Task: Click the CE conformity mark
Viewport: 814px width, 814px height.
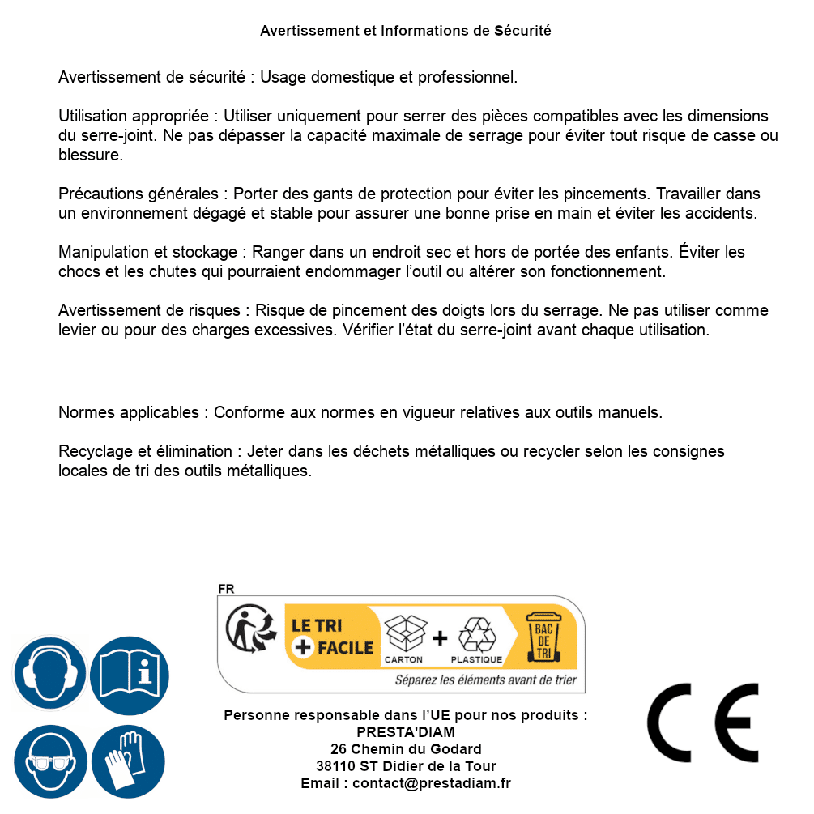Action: (702, 722)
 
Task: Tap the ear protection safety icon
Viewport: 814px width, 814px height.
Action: (49, 673)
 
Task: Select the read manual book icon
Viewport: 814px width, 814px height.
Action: (129, 673)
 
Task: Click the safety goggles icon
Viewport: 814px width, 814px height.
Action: (49, 761)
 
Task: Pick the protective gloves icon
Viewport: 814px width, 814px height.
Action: (129, 761)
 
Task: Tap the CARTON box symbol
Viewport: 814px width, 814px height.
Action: (404, 633)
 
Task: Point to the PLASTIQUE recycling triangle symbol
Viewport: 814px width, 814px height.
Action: (476, 633)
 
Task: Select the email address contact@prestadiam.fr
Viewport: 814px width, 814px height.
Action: (432, 783)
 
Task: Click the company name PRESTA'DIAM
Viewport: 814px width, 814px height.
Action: (405, 732)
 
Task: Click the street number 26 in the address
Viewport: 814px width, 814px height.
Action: (339, 749)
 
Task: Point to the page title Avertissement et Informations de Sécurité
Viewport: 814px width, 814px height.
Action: (405, 31)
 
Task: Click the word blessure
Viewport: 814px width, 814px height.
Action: (91, 156)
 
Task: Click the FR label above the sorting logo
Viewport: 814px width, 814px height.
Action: (226, 589)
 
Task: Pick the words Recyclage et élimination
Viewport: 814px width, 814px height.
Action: (146, 451)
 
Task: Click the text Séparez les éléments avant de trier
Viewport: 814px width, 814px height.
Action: (485, 680)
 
